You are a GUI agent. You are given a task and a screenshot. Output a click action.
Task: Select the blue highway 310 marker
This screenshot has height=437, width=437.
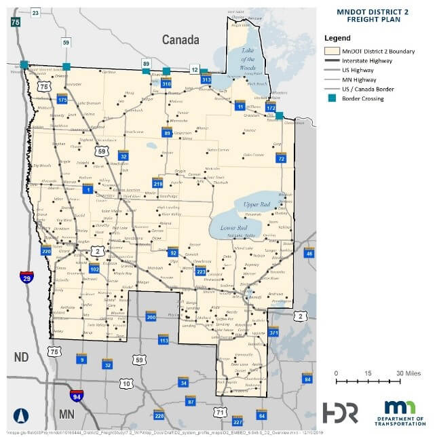click(x=166, y=83)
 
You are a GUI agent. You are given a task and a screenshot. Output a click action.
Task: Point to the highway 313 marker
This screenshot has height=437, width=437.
click(x=207, y=80)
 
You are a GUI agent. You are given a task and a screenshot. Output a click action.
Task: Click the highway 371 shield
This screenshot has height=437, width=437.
click(x=274, y=332)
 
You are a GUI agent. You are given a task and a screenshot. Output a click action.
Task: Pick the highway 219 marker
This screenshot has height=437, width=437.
click(x=158, y=183)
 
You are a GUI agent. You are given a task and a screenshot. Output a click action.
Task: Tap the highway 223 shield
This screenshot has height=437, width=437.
click(x=200, y=271)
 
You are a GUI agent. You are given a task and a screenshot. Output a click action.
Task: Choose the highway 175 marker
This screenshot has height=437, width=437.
click(x=62, y=100)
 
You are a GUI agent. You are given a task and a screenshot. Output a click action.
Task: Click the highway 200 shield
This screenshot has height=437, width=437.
click(x=151, y=317)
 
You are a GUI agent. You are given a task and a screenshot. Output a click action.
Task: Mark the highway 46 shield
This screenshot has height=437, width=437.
click(x=309, y=253)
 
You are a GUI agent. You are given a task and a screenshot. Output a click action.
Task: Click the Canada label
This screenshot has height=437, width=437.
click(x=180, y=41)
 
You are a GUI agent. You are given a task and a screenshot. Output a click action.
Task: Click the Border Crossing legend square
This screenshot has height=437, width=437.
click(x=330, y=98)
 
